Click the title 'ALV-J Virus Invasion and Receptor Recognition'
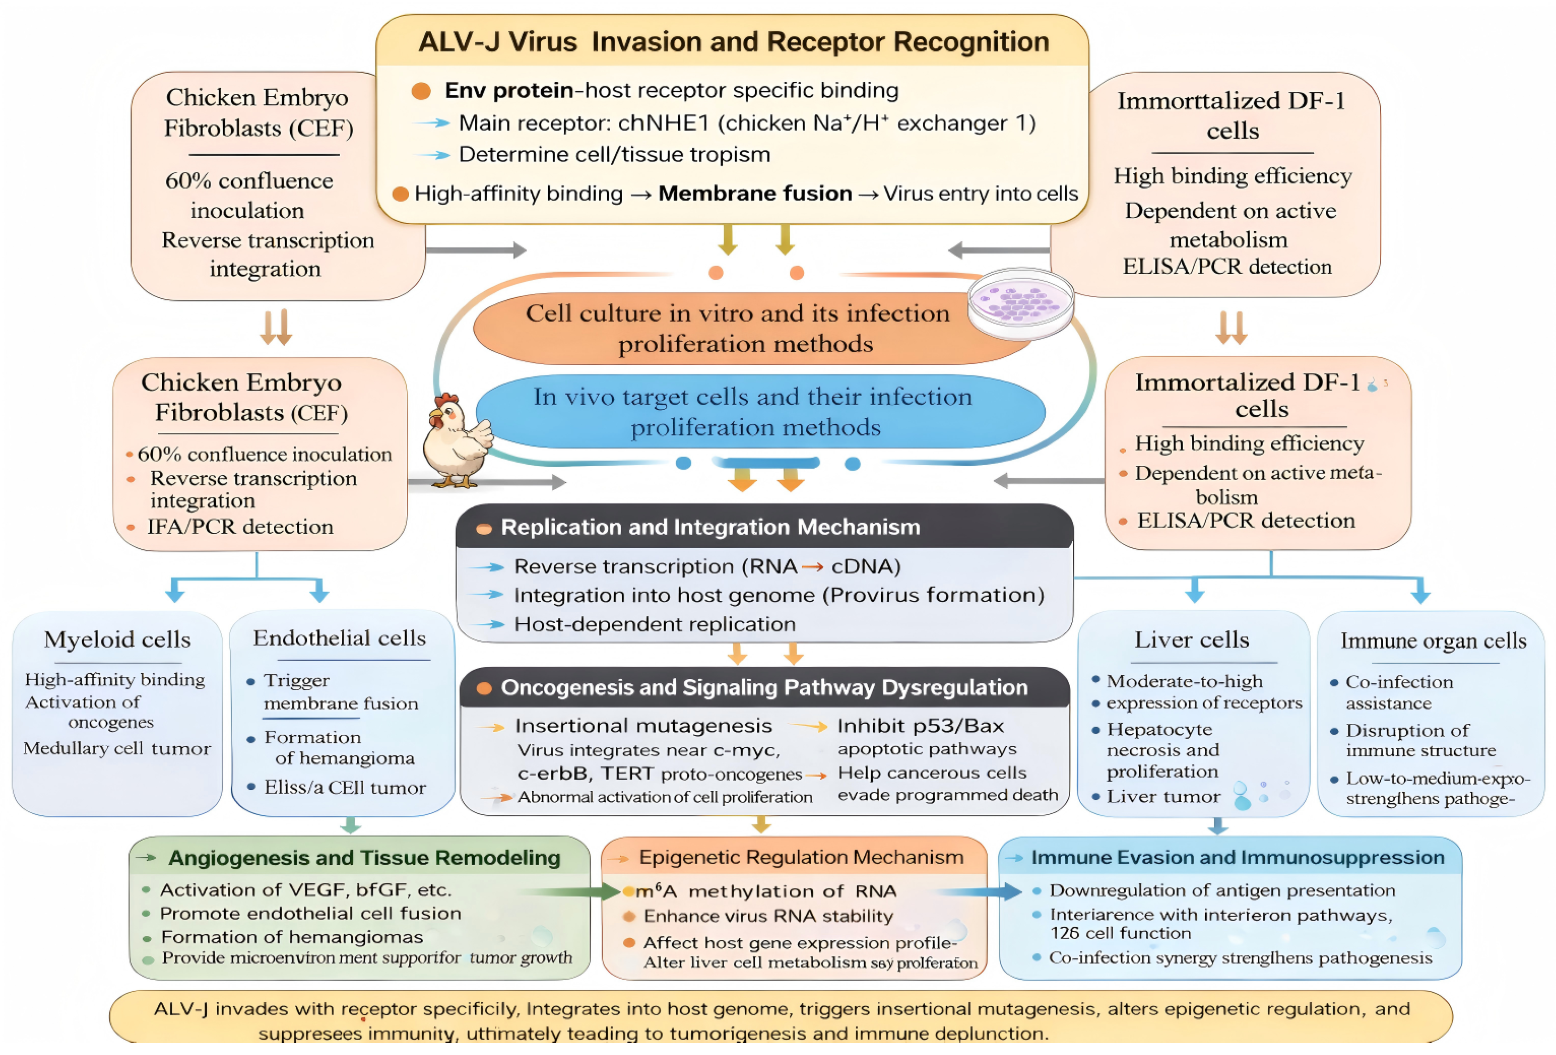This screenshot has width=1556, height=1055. click(x=733, y=42)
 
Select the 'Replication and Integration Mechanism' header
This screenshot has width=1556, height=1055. click(x=710, y=527)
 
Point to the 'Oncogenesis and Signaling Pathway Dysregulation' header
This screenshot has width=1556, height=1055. click(x=763, y=687)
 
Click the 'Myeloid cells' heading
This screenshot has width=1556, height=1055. click(x=117, y=640)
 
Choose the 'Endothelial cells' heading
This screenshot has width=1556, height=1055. click(x=339, y=638)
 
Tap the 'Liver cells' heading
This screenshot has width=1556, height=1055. click(x=1191, y=640)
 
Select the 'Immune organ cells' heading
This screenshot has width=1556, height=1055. click(x=1433, y=640)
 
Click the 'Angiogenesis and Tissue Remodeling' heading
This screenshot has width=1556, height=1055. click(x=364, y=857)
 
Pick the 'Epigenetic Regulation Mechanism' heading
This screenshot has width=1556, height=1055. click(x=801, y=857)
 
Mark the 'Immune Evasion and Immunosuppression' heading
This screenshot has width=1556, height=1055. click(x=1237, y=857)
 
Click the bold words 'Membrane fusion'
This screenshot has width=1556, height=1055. click(x=755, y=193)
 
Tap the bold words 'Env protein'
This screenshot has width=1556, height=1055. click(x=508, y=90)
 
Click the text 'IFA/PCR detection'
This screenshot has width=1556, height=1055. click(x=240, y=527)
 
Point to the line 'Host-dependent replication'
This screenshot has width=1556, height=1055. click(x=654, y=624)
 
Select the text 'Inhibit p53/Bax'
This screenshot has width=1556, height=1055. click(x=920, y=726)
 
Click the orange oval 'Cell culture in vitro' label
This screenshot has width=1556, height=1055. click(x=737, y=328)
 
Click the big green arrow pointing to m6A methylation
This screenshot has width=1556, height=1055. click(x=576, y=891)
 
